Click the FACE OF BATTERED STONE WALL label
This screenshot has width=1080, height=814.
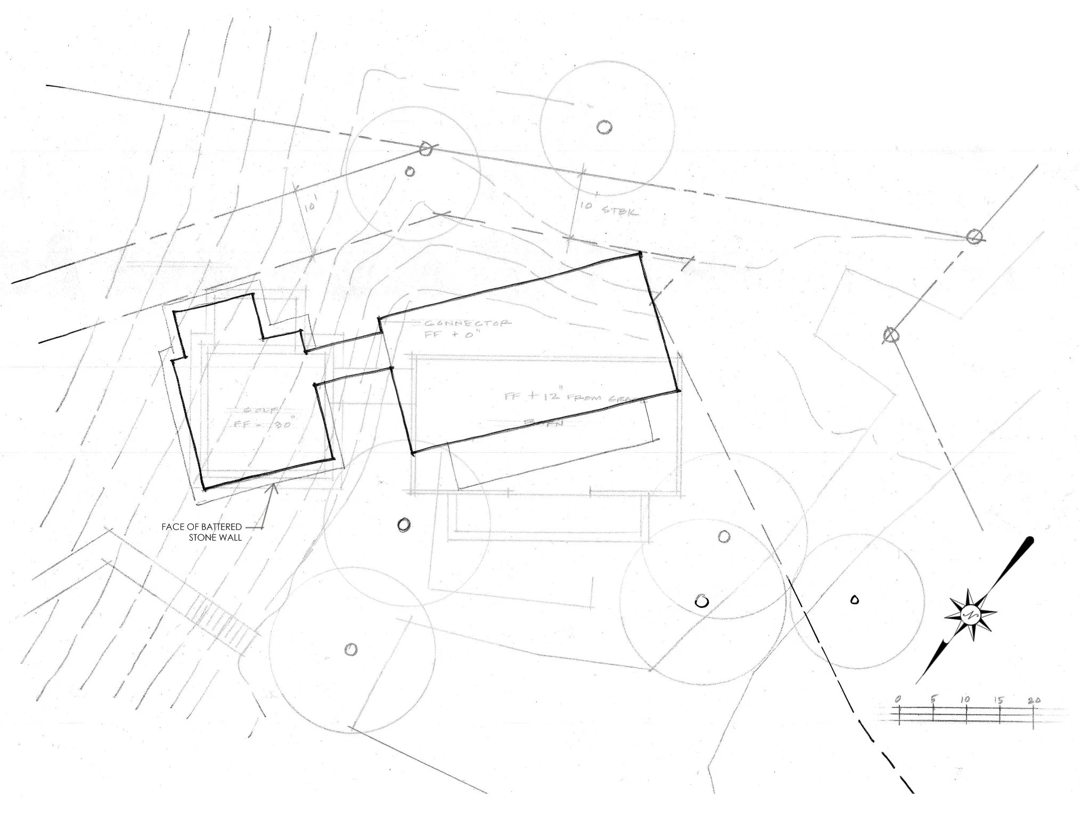coord(202,532)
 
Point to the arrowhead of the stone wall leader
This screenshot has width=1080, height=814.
coord(274,486)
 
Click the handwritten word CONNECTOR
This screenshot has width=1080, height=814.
coord(467,323)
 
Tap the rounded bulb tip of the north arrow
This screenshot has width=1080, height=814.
coord(1030,541)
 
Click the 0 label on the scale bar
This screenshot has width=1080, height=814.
coord(898,699)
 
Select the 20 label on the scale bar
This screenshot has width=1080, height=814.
coord(1034,700)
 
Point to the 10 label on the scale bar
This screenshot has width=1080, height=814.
coord(965,699)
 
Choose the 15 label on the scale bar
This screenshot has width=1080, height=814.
coord(999,699)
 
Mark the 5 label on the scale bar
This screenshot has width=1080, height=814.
coord(933,698)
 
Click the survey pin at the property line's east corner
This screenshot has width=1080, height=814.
coord(973,237)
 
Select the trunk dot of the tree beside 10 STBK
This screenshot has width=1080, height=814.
coord(604,127)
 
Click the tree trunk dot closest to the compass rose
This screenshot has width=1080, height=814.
coord(855,599)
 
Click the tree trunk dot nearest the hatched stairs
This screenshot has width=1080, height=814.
coord(351,649)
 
